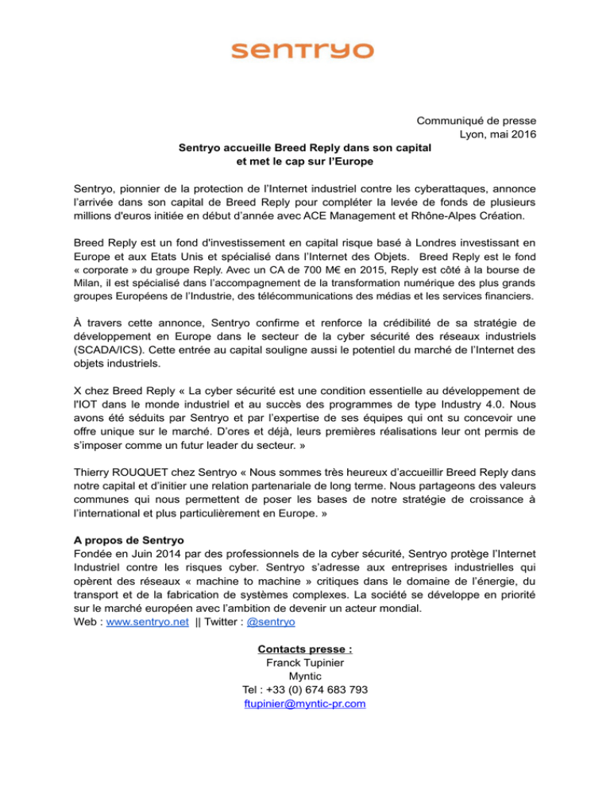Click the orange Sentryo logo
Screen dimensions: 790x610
(302, 50)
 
